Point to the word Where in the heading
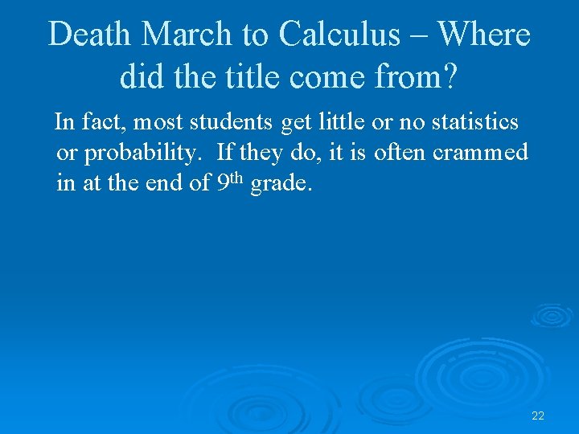484,35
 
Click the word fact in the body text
101,123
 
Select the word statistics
475,123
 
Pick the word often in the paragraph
400,152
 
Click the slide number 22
538,416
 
